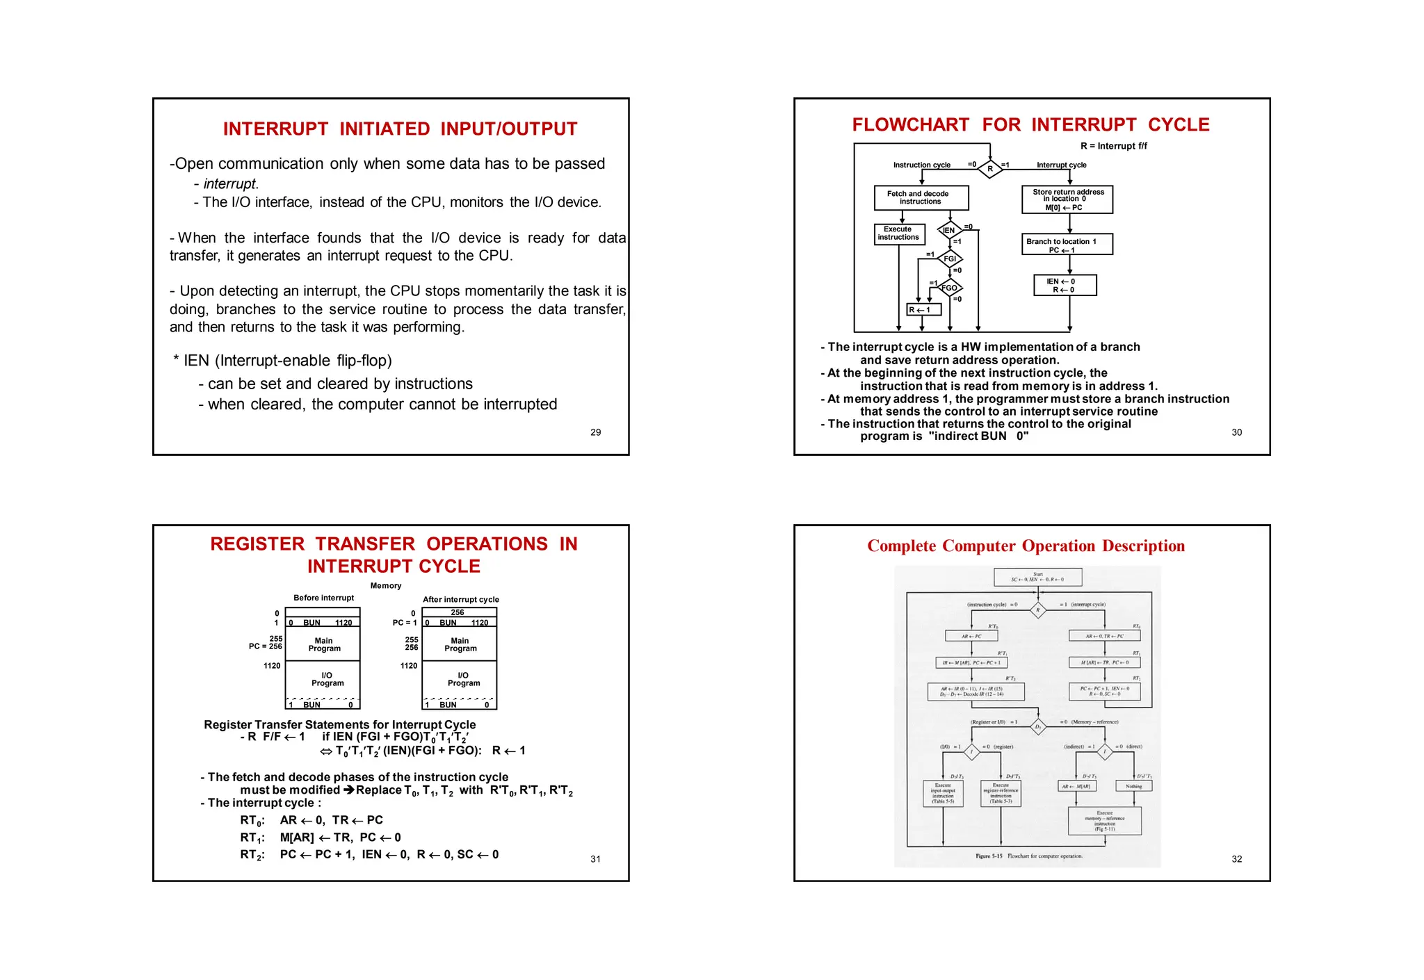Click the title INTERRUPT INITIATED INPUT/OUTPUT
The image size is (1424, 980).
(400, 129)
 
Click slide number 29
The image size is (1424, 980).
(595, 432)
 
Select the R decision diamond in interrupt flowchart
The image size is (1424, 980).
(989, 168)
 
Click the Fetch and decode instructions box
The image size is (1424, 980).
(921, 197)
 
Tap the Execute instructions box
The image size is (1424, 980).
(899, 234)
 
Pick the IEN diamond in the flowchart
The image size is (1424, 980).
(949, 230)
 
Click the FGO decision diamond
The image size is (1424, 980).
(949, 288)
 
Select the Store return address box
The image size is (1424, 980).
(1067, 199)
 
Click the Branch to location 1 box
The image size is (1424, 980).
(1067, 245)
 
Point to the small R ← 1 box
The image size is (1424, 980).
(923, 310)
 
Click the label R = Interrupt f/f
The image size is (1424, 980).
(1113, 146)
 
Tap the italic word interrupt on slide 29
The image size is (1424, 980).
(229, 184)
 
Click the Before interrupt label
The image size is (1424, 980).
(323, 598)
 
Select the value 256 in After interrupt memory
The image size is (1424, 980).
(458, 612)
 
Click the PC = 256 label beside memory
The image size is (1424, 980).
(266, 646)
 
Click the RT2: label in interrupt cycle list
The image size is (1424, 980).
(252, 855)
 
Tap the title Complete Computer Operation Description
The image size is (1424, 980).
(1026, 546)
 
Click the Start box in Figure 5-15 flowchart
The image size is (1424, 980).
(1037, 577)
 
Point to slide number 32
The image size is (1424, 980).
(1236, 859)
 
